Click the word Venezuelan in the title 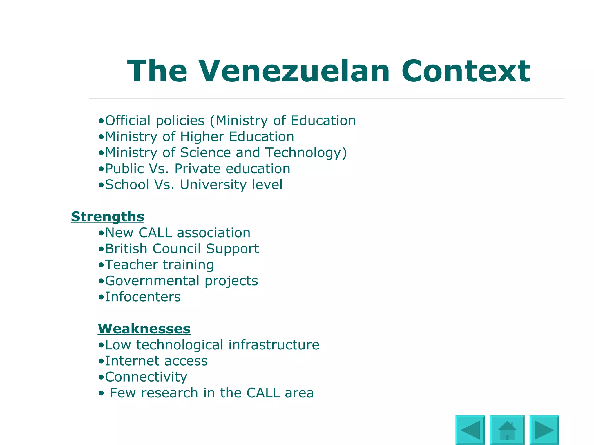click(x=294, y=71)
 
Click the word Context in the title click(x=466, y=71)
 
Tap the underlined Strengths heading click(x=108, y=217)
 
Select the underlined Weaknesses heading click(x=144, y=329)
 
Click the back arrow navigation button click(x=470, y=430)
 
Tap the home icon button click(x=507, y=430)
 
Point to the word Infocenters click(x=143, y=297)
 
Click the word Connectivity click(x=146, y=377)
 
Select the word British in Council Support click(x=126, y=249)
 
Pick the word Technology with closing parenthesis click(x=306, y=153)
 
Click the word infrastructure click(x=274, y=345)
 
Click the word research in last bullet click(x=169, y=393)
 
